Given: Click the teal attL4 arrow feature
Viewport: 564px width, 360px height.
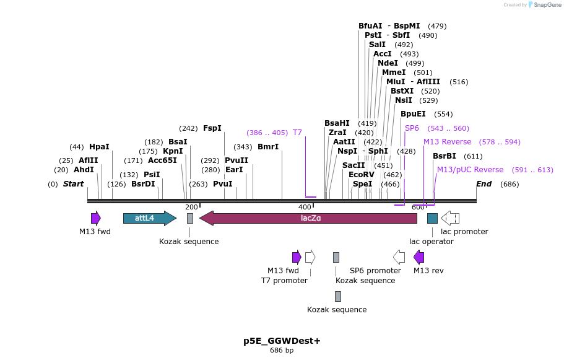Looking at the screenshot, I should (149, 218).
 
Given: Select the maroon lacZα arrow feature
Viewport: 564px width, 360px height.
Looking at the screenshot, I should (308, 218).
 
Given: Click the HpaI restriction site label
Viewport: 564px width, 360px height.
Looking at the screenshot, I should (99, 147).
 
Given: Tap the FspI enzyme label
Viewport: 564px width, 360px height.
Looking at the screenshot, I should (212, 128).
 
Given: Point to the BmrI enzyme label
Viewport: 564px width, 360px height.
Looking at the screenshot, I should (268, 147).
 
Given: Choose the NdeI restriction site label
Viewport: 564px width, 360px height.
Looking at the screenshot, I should (388, 63).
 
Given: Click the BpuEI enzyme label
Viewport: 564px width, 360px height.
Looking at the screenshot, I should (413, 114).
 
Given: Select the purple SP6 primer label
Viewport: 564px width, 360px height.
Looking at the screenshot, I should (412, 128).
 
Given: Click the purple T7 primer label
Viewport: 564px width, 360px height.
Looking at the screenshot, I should (297, 133).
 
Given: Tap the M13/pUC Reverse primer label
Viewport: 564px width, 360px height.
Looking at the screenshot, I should (470, 170).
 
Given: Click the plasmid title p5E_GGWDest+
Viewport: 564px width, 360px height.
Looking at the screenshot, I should (282, 341).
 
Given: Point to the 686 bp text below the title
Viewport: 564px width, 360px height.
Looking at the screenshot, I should (282, 351).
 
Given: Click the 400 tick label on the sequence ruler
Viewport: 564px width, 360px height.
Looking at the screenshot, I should (305, 207).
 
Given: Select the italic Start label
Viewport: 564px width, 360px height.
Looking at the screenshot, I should (73, 184).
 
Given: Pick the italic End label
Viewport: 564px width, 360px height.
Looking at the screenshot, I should (484, 184).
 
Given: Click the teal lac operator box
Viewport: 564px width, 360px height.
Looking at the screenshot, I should (432, 218).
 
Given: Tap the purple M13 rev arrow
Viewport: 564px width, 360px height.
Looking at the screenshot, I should (419, 257).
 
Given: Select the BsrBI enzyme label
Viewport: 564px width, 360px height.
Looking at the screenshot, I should (444, 156).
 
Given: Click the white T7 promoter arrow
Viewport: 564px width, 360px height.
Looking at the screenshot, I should (310, 257).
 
